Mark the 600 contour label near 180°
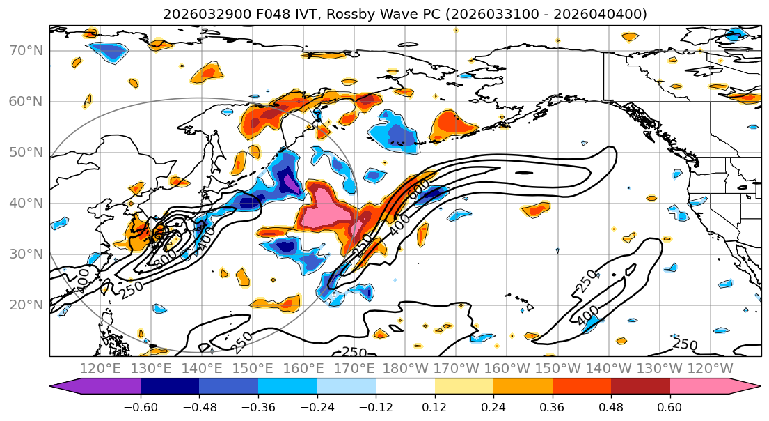click(x=418, y=190)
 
